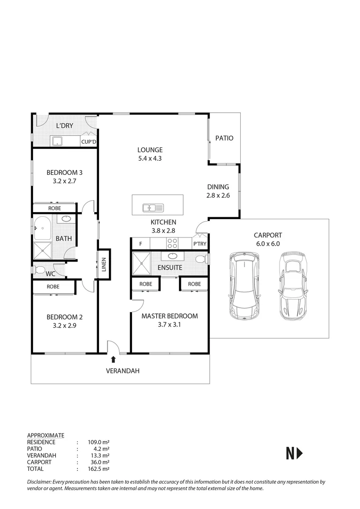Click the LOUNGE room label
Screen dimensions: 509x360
pos(150,150)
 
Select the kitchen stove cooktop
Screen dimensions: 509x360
pos(172,244)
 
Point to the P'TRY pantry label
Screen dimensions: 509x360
pos(199,244)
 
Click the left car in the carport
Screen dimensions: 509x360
pos(244,285)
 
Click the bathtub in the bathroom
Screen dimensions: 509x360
pos(44,228)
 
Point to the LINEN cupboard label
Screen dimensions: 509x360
pos(104,264)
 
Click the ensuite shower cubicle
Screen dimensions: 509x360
pos(141,262)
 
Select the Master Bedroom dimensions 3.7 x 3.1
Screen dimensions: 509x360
pos(169,325)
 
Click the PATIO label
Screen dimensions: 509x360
pos(224,138)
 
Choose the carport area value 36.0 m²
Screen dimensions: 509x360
pos(98,462)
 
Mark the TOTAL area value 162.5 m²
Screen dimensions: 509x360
pos(98,469)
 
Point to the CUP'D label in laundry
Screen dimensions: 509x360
pos(89,141)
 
